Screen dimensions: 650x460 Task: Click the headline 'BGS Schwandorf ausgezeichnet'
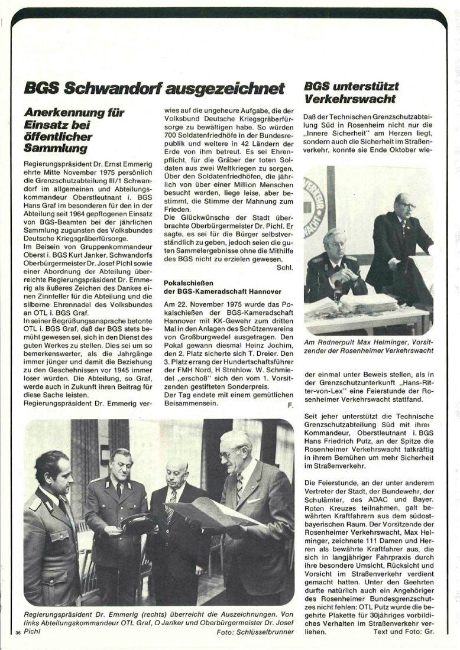154,89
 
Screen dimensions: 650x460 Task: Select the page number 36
18,632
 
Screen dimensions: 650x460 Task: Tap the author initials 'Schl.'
285,267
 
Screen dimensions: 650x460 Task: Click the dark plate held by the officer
138,524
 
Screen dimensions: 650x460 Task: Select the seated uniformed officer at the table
334,266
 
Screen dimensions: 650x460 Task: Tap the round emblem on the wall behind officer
313,207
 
